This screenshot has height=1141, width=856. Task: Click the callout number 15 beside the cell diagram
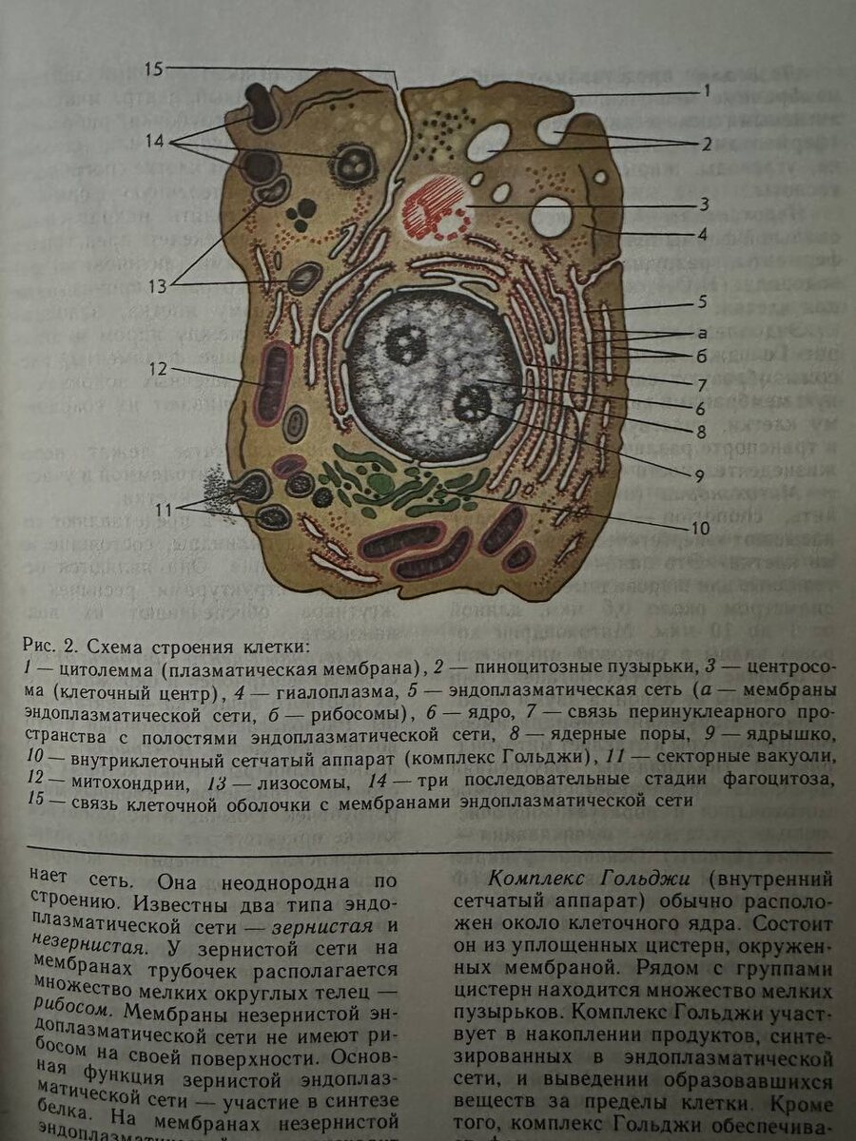pos(154,68)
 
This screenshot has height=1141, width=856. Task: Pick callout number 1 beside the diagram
pos(707,91)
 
